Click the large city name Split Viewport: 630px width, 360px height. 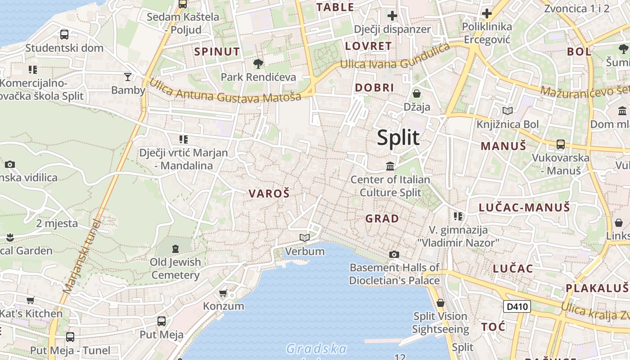[398, 138]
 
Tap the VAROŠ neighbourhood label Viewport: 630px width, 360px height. [269, 194]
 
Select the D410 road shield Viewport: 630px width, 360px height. [517, 307]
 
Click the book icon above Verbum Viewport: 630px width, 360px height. [305, 238]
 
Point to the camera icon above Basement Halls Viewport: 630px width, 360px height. [394, 255]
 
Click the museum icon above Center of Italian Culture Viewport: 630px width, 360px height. [390, 166]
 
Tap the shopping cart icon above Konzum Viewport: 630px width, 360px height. [223, 293]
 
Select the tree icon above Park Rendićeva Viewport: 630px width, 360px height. [258, 64]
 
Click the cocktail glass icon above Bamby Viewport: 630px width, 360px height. [128, 77]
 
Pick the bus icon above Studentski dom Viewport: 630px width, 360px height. [64, 34]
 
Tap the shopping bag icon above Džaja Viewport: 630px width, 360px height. [417, 94]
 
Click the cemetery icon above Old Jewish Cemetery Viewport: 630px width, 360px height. [175, 248]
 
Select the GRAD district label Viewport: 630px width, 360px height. [382, 219]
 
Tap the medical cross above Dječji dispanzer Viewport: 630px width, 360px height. [392, 16]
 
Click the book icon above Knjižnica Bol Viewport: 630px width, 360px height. [508, 111]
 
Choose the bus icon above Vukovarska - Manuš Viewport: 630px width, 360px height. [560, 144]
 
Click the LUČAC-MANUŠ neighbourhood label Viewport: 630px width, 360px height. [524, 207]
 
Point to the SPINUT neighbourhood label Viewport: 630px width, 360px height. [217, 52]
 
